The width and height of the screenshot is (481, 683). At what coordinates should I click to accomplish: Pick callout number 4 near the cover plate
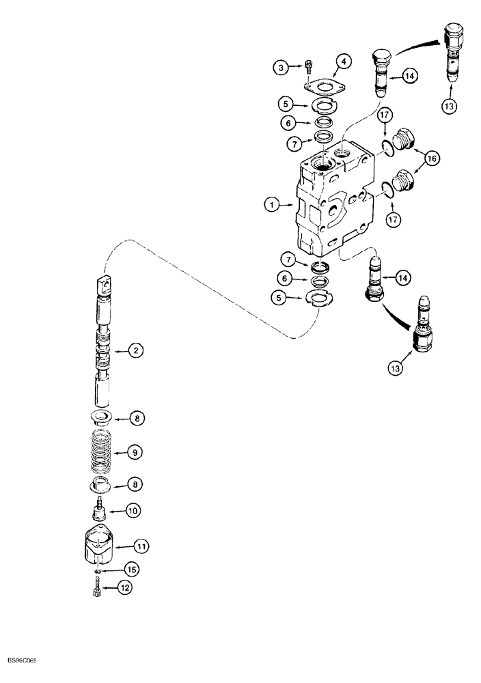pos(343,61)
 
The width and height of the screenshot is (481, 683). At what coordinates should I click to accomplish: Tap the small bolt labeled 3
pos(309,68)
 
